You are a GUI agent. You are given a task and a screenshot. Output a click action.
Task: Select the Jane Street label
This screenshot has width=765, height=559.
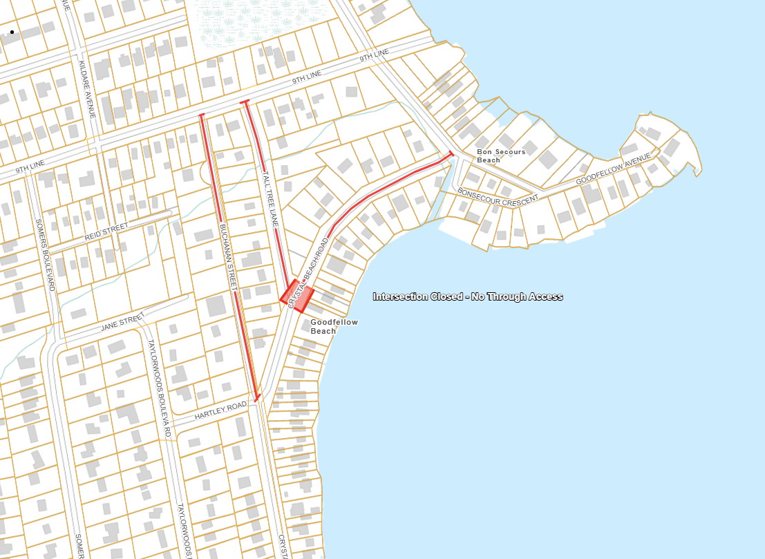[123, 321]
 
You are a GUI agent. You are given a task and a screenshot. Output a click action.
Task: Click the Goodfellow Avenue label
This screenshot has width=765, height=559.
[614, 169]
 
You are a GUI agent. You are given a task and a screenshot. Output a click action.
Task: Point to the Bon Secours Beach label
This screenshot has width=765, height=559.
[500, 155]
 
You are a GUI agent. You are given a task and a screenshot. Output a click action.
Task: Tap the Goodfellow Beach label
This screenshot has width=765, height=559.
[334, 326]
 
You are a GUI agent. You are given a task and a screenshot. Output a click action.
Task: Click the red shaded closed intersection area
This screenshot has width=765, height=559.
[298, 294]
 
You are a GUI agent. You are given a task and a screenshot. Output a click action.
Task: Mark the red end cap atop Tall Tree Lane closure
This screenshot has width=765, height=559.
[244, 102]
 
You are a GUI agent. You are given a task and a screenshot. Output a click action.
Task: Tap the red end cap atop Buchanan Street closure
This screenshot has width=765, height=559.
[201, 115]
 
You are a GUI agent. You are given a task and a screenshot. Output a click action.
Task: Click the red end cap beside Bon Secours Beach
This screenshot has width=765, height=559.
[451, 153]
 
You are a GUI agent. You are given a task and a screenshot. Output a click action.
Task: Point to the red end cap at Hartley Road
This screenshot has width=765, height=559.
[256, 398]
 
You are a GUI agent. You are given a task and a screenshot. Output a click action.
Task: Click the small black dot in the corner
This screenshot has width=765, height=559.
[12, 32]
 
